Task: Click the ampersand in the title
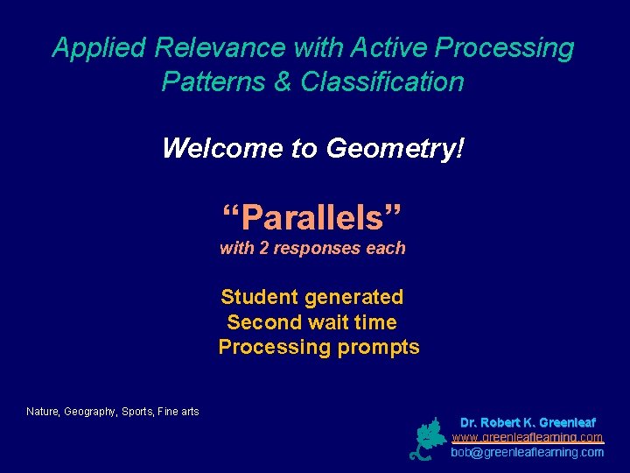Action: [x=285, y=82]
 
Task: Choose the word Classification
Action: [x=382, y=82]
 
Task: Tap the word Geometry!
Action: [x=395, y=149]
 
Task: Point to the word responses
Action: [x=318, y=249]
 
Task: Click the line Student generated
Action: [x=311, y=298]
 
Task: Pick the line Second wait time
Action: [x=311, y=322]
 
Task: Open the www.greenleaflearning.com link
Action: [x=527, y=437]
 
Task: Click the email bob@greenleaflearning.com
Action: [x=527, y=452]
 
